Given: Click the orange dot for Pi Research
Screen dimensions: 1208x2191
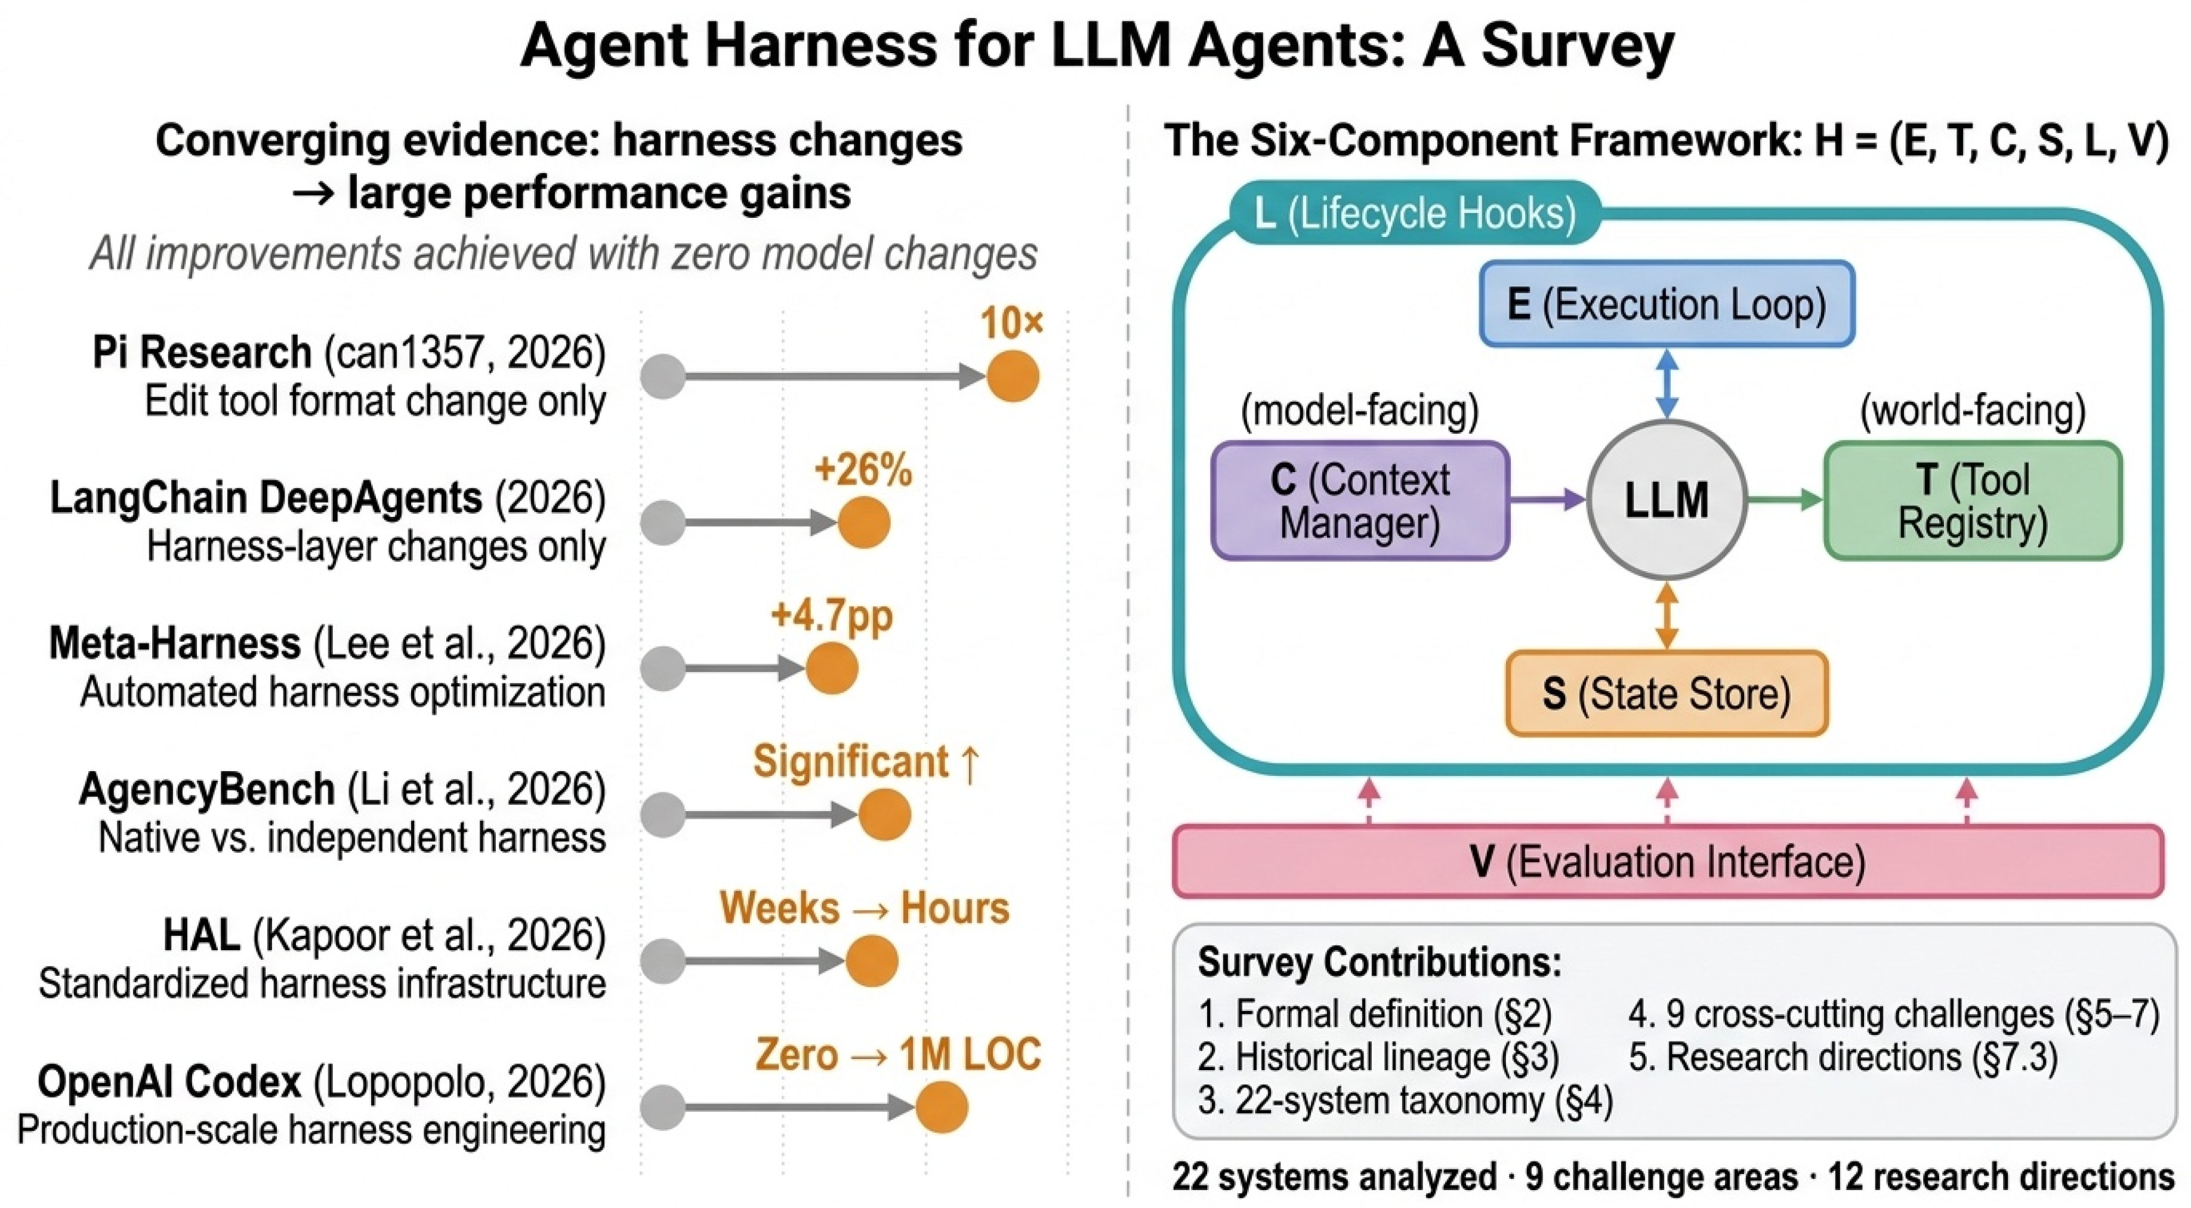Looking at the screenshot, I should [x=1012, y=376].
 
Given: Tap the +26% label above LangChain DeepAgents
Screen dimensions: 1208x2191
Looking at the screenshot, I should [x=862, y=470].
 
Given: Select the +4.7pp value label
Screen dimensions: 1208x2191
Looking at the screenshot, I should [x=831, y=616].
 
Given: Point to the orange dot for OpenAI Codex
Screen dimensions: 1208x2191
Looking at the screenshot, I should [x=942, y=1107].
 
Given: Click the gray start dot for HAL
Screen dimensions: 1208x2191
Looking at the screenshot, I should [x=662, y=962].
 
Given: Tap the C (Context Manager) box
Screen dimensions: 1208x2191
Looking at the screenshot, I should [x=1360, y=500].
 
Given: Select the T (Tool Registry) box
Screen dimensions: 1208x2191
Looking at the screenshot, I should [x=1973, y=500].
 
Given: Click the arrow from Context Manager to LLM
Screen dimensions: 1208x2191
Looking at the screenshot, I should [x=1548, y=500].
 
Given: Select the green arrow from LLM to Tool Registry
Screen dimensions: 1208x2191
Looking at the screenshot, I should [x=1785, y=500].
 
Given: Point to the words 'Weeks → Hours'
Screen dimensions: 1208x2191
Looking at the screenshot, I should [x=864, y=908].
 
